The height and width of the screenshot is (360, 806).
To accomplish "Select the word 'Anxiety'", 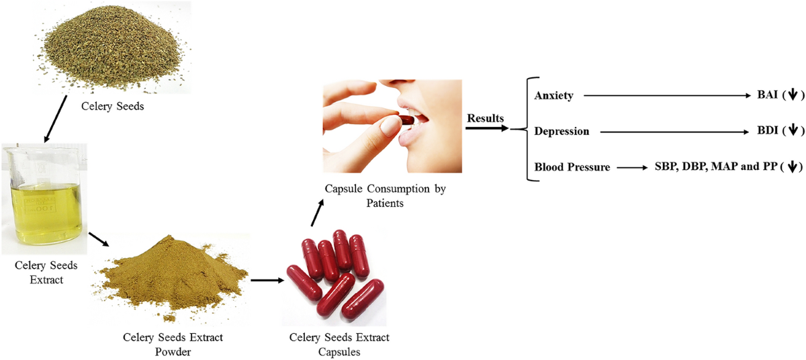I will (553, 95).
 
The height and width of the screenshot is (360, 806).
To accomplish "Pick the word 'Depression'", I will (562, 131).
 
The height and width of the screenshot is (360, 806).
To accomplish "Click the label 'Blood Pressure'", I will (572, 167).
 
